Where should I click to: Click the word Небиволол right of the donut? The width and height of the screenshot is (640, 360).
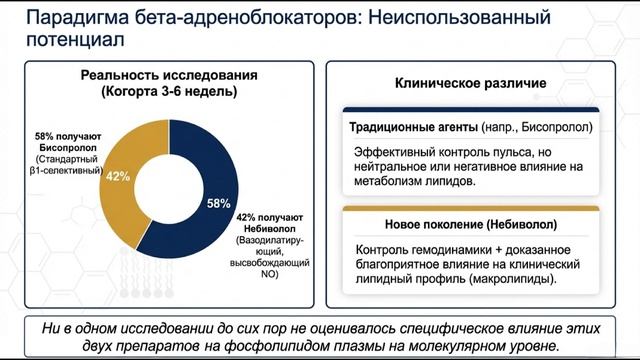point(264,228)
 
